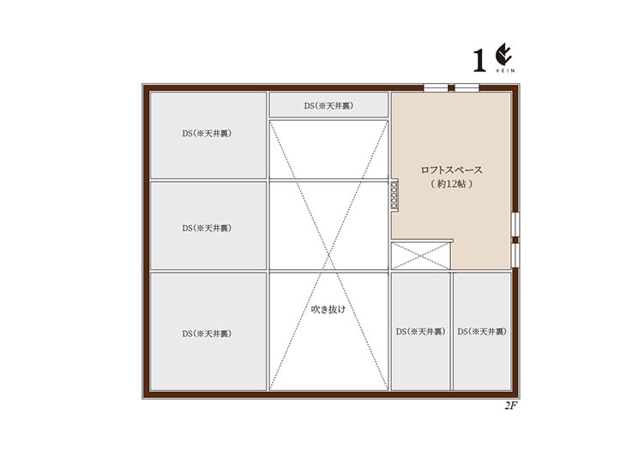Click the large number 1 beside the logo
tap(479, 61)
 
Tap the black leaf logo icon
tap(504, 55)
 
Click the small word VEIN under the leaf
tap(505, 70)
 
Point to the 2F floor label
tap(510, 406)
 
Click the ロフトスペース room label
tap(452, 170)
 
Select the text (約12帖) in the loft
tap(452, 183)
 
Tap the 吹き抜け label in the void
tap(328, 309)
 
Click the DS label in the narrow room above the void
tap(328, 105)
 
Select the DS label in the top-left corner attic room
tap(207, 134)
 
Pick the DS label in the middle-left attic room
tap(207, 228)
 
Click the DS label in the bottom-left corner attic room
tap(207, 334)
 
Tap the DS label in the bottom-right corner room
tap(482, 332)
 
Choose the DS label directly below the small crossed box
tap(420, 332)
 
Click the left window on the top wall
tap(436, 87)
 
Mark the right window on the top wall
tap(467, 87)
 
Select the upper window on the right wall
tap(515, 225)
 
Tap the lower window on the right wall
tap(515, 255)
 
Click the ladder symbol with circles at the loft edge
tap(394, 195)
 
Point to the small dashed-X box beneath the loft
tap(421, 256)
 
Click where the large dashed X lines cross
tap(328, 256)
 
